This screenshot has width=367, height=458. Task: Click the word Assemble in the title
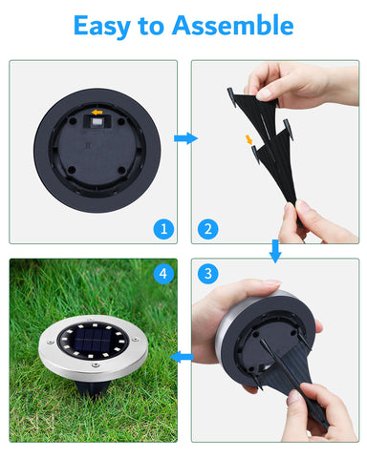(x=235, y=26)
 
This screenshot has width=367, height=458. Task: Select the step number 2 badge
(x=206, y=229)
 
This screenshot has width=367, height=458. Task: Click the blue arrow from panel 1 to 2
(x=184, y=139)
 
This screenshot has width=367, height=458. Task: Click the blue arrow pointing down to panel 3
(x=275, y=251)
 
